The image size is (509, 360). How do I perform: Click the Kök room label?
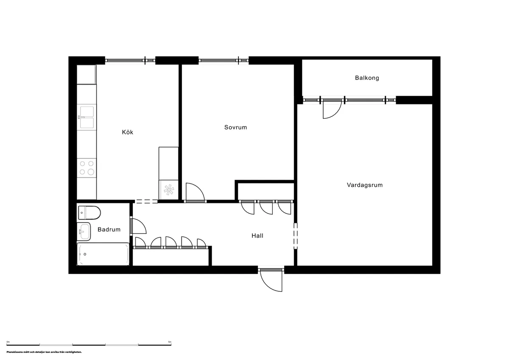click(x=127, y=132)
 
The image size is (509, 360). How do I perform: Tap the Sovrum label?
click(x=235, y=127)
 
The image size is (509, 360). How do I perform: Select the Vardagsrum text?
click(x=364, y=185)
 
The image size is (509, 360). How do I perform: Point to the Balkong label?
click(x=367, y=78)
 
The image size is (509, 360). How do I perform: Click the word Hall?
click(x=257, y=235)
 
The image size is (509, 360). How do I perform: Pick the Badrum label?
click(x=109, y=229)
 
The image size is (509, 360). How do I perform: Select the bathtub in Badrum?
click(x=103, y=254)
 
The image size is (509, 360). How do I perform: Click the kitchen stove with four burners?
click(x=87, y=168)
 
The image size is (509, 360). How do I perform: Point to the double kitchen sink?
click(x=87, y=117)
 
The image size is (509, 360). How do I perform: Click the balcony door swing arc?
click(x=331, y=110)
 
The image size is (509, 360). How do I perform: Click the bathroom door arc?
click(x=139, y=226)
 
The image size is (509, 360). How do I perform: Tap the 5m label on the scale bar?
click(x=169, y=341)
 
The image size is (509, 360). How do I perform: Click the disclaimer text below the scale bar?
click(x=44, y=352)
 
